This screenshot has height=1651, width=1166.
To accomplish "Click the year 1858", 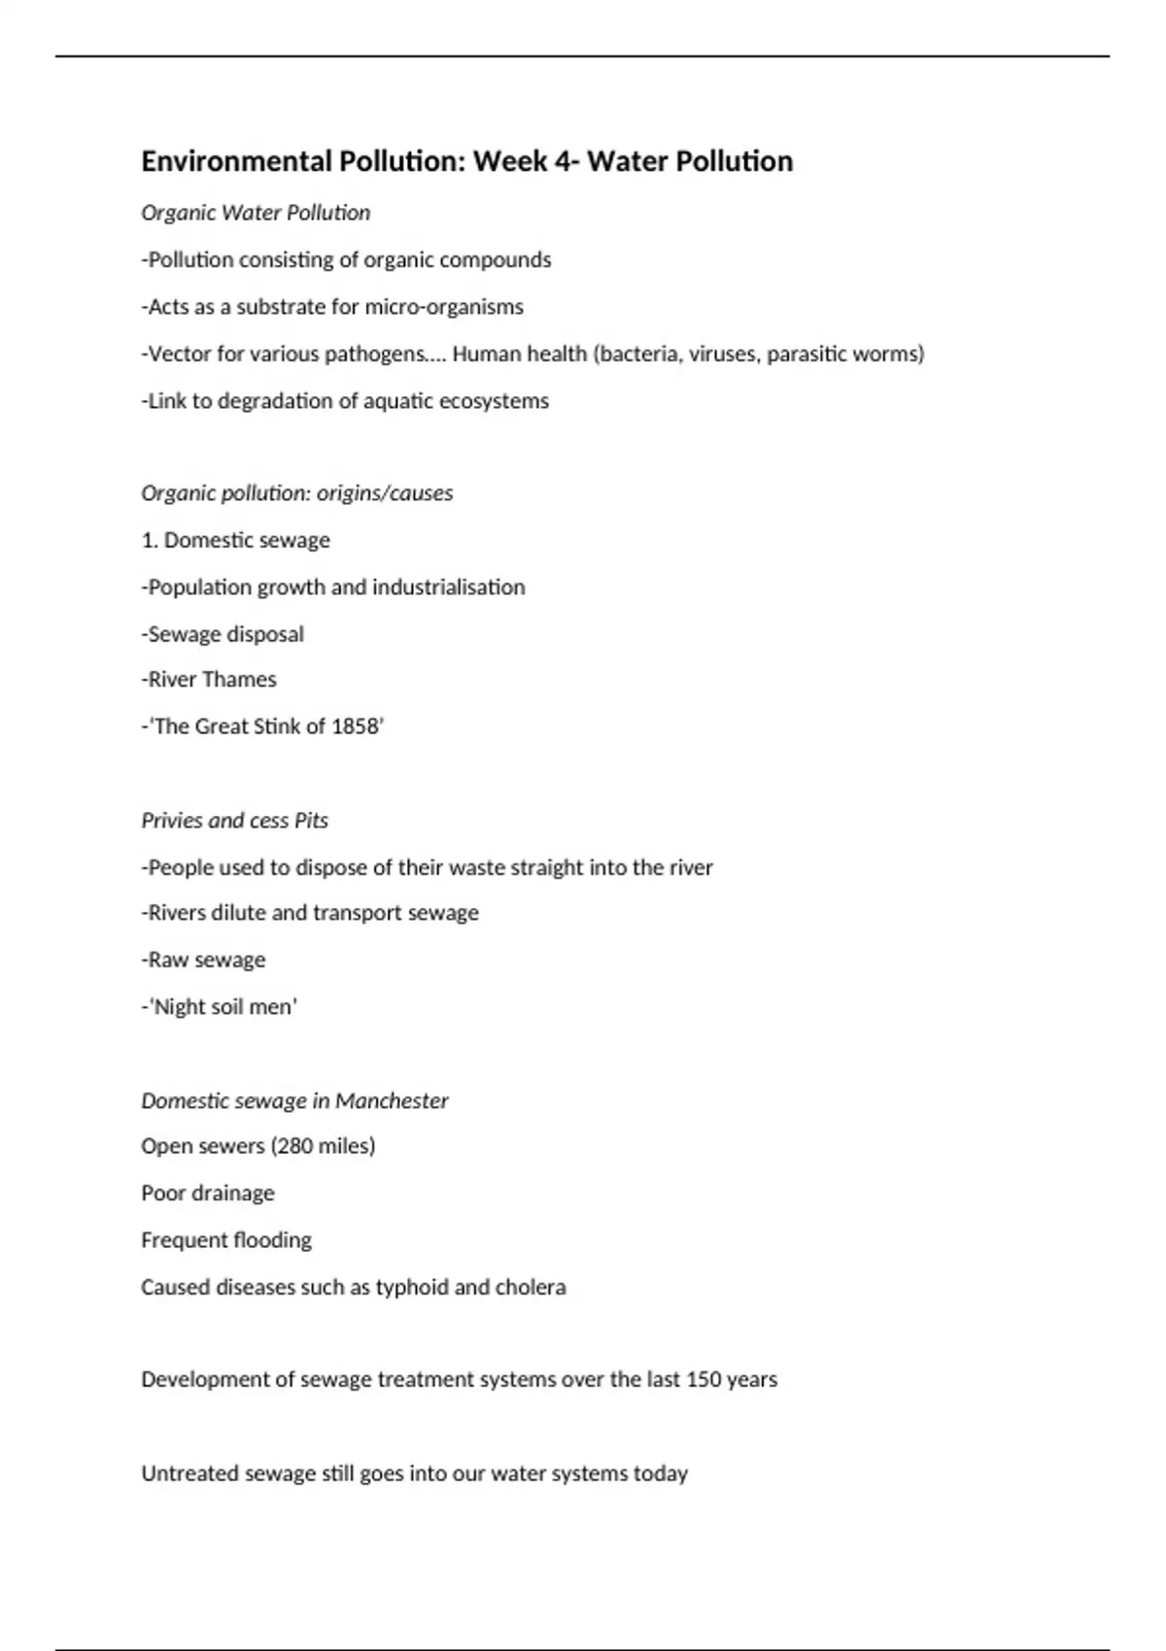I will (x=355, y=726).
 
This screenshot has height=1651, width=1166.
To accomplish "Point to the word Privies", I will (x=173, y=821).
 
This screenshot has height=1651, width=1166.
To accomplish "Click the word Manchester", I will (x=392, y=1100).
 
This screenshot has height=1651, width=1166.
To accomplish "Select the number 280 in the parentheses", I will (x=297, y=1146).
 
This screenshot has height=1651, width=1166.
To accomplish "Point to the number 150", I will (x=703, y=1379).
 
